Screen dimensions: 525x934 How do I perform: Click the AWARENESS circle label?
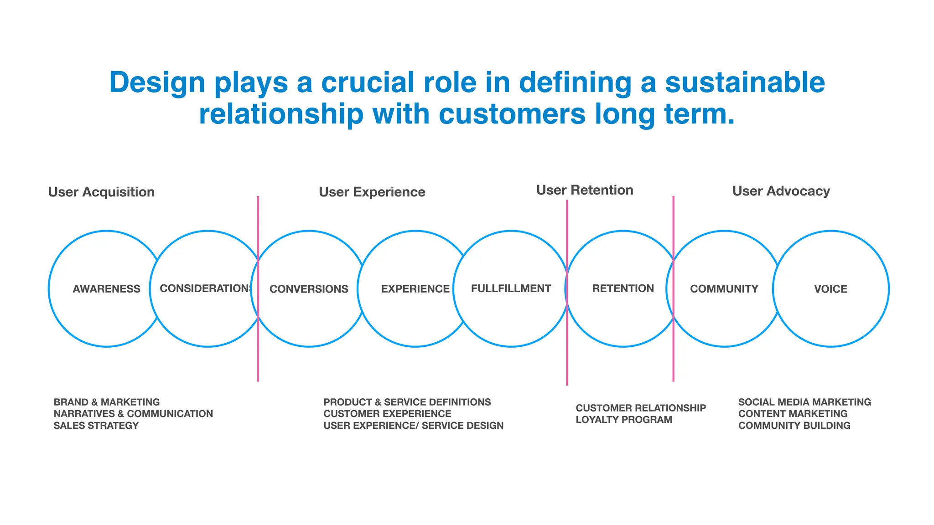pyautogui.click(x=106, y=289)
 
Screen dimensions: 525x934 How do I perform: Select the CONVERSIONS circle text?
pyautogui.click(x=309, y=289)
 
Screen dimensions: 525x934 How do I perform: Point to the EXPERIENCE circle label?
pyautogui.click(x=415, y=289)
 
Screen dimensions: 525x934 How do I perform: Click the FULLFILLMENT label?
pyautogui.click(x=511, y=288)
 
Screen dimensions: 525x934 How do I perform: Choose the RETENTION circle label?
pyautogui.click(x=623, y=288)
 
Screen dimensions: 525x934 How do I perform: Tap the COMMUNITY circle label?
pyautogui.click(x=724, y=289)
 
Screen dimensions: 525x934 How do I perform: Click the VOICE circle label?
pyautogui.click(x=830, y=289)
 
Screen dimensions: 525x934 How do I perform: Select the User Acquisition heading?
pyautogui.click(x=101, y=192)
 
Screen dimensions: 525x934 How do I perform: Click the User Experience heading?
pyautogui.click(x=372, y=192)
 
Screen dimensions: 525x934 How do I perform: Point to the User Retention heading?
pyautogui.click(x=584, y=190)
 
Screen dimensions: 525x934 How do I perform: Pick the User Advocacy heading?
pyautogui.click(x=781, y=191)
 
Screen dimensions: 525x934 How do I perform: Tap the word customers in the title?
pyautogui.click(x=512, y=114)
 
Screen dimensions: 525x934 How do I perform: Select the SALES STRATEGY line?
pyautogui.click(x=96, y=426)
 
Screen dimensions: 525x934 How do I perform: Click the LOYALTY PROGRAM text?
pyautogui.click(x=623, y=420)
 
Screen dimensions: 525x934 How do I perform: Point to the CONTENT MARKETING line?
pyautogui.click(x=793, y=414)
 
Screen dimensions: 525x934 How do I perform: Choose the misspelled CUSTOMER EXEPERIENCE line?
pyautogui.click(x=387, y=414)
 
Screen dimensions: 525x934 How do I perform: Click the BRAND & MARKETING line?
pyautogui.click(x=106, y=402)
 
